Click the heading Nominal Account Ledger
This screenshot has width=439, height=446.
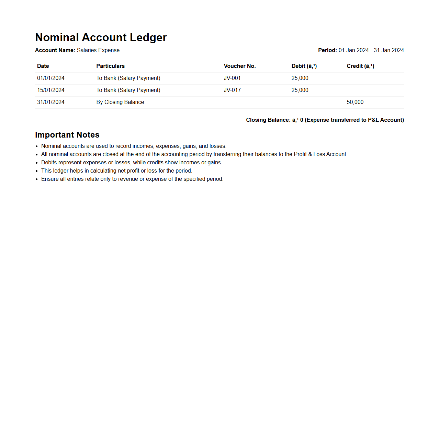coord(101,37)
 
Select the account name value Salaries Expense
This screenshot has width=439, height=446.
coord(98,50)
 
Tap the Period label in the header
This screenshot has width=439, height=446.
coord(327,50)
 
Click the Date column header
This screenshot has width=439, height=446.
coord(43,66)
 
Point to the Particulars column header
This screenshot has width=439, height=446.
coord(110,66)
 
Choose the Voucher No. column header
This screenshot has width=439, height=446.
coord(240,66)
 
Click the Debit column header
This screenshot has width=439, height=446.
coord(304,66)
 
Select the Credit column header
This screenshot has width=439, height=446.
coord(360,66)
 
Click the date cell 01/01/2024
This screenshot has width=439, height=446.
coord(51,78)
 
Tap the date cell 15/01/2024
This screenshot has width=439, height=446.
coord(51,90)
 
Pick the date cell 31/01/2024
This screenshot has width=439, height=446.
coord(51,102)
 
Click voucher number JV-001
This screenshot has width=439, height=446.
coord(232,78)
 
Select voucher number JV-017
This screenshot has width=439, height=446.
coord(232,90)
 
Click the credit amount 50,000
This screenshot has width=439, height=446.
coord(355,102)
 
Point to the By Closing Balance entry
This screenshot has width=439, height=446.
coord(120,102)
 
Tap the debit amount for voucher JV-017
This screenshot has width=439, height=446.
coord(300,90)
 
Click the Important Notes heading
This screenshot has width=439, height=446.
coord(67,135)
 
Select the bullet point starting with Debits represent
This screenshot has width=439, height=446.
coord(132,163)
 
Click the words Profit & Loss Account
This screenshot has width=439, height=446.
coord(320,154)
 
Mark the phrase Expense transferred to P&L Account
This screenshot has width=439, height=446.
coord(354,120)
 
